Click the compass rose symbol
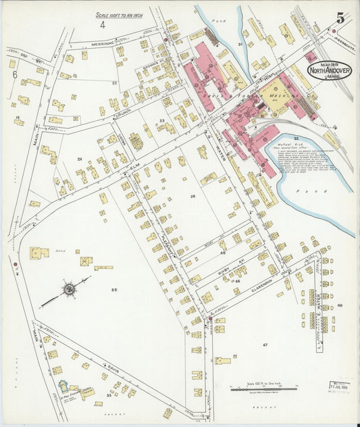[69, 290]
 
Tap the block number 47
[265, 345]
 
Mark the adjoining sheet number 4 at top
[103, 25]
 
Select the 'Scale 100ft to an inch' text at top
[120, 14]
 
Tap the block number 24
[80, 159]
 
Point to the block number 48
[340, 306]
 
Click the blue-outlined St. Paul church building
[64, 387]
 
